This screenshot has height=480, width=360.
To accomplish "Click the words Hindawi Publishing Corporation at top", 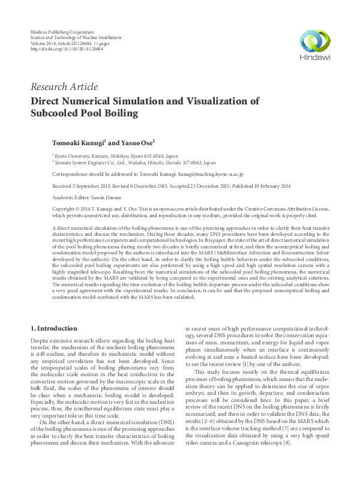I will tap(61, 30).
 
